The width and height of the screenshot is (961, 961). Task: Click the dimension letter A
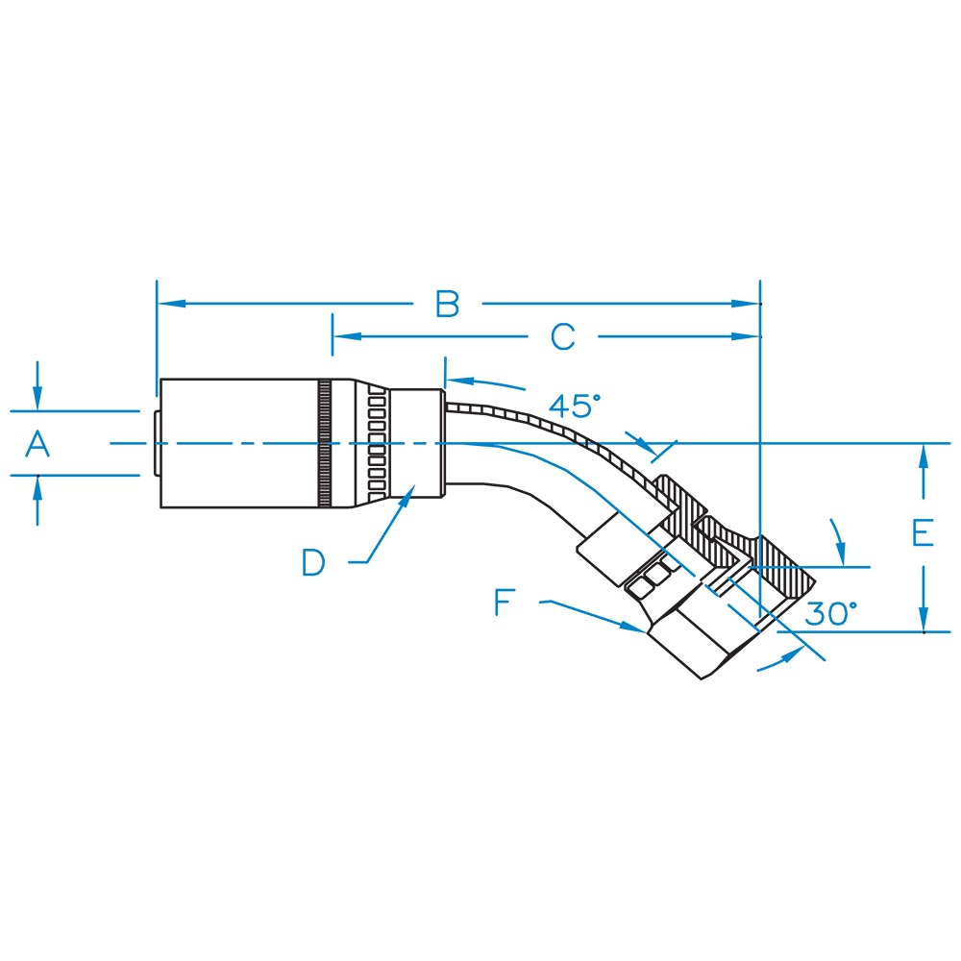pos(37,444)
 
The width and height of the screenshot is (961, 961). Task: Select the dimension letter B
pos(448,304)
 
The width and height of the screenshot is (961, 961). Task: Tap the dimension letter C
pos(562,337)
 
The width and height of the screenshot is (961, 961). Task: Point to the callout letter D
pos(313,562)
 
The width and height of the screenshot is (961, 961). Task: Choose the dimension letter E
pos(923,532)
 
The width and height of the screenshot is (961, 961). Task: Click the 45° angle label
pos(575,406)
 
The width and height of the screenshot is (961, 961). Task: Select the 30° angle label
pos(830,613)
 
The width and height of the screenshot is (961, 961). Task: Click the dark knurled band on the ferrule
pos(324,443)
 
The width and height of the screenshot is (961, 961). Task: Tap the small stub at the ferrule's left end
pos(157,443)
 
